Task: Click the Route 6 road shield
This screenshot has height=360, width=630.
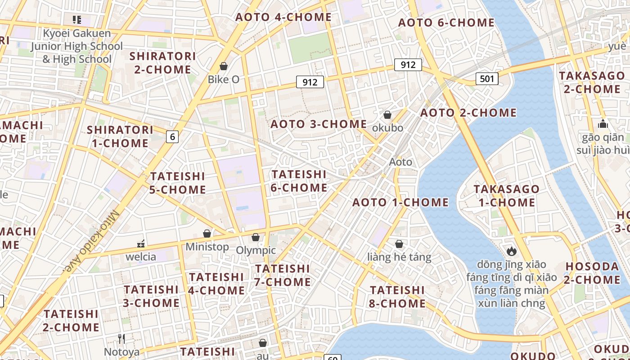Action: pyautogui.click(x=172, y=136)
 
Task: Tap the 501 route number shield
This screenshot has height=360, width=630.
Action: pyautogui.click(x=487, y=79)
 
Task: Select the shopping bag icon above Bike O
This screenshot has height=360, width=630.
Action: pyautogui.click(x=223, y=67)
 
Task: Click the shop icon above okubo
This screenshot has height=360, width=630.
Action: pyautogui.click(x=387, y=115)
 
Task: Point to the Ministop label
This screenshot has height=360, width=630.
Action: pyautogui.click(x=207, y=247)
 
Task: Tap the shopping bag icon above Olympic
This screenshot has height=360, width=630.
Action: pyautogui.click(x=256, y=237)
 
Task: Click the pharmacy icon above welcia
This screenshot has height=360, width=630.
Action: pyautogui.click(x=141, y=244)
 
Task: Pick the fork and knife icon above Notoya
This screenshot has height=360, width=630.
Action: pyautogui.click(x=121, y=338)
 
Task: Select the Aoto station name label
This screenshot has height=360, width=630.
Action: pyautogui.click(x=400, y=162)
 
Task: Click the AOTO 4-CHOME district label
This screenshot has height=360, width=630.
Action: pyautogui.click(x=283, y=18)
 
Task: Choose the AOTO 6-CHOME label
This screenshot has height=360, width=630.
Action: pyautogui.click(x=446, y=22)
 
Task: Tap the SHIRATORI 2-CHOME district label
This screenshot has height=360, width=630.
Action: pyautogui.click(x=162, y=63)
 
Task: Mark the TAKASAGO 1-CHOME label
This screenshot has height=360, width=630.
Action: pyautogui.click(x=506, y=196)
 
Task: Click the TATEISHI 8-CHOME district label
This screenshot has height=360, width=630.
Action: pyautogui.click(x=397, y=297)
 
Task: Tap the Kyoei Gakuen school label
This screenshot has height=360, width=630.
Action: pyautogui.click(x=76, y=46)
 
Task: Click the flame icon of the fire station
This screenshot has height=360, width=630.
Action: pyautogui.click(x=511, y=251)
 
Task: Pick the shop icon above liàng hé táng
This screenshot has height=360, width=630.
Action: pyautogui.click(x=399, y=244)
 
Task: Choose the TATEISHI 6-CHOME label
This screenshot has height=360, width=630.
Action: pyautogui.click(x=299, y=181)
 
